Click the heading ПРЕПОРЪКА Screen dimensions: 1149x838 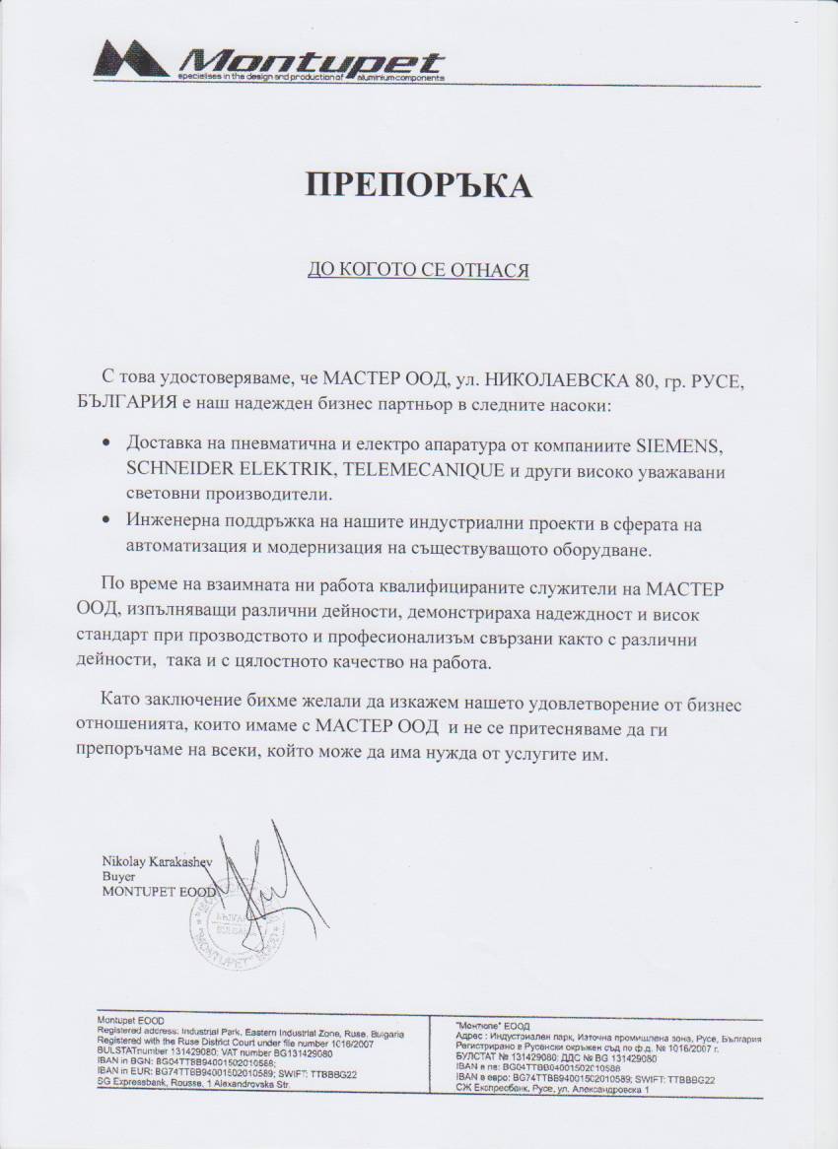(418, 184)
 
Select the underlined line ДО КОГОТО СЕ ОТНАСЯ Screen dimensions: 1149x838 (418, 268)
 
